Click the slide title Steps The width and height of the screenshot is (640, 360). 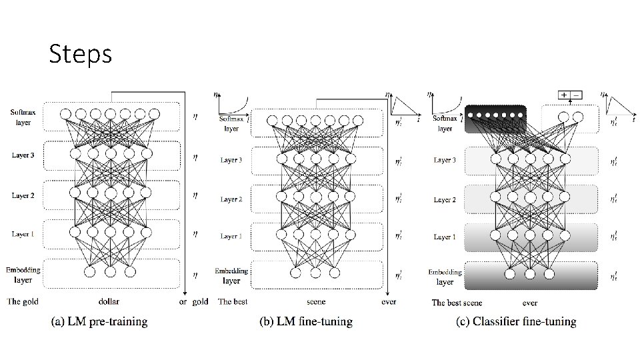coord(80,55)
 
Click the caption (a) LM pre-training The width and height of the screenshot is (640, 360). coord(99,322)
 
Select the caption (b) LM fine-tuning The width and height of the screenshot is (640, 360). coord(306,322)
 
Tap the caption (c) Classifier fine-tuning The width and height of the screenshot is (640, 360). coord(516,322)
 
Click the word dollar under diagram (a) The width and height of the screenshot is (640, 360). coord(109,301)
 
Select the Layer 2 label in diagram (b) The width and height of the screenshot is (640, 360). coord(231,199)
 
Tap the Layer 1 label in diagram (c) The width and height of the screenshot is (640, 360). coord(445,237)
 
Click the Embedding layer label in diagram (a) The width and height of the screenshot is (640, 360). coord(23,274)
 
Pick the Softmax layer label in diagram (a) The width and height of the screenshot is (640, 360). coord(23,117)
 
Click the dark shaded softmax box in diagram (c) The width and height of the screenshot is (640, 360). coord(495,119)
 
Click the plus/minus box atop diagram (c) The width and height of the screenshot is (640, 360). coord(570,95)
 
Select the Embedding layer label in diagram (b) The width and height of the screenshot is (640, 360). coord(231,275)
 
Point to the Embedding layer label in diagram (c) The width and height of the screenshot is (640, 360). coord(445,277)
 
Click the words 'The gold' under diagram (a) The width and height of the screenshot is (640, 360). coord(23,301)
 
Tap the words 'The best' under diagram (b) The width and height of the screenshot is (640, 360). coord(233,301)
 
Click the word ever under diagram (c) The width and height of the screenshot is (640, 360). coord(530,303)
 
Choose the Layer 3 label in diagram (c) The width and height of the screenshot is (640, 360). coord(445,160)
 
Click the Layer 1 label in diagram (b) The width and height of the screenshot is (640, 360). coord(231,236)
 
